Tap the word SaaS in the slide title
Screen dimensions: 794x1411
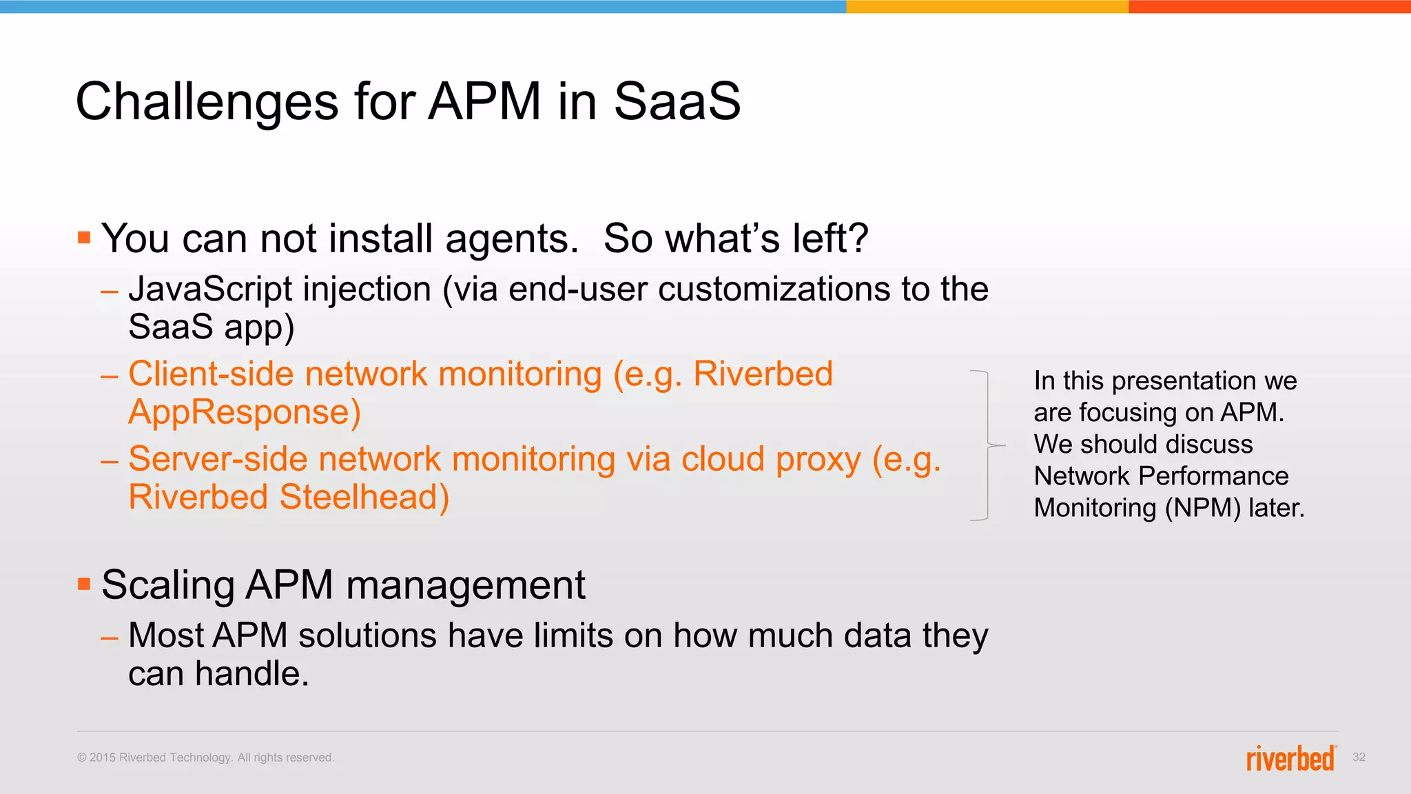point(677,102)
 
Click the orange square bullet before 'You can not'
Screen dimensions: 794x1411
point(84,238)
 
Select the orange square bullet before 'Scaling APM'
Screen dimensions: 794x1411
point(84,584)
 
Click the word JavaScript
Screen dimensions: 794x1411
point(210,289)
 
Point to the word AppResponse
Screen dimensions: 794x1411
point(244,412)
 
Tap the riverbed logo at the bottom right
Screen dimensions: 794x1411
point(1290,758)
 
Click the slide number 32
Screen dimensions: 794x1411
point(1359,757)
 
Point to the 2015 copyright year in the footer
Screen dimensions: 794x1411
point(103,757)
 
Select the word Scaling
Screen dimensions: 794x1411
point(167,585)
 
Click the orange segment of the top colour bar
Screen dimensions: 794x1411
point(1269,6)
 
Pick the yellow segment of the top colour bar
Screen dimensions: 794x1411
point(987,6)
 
